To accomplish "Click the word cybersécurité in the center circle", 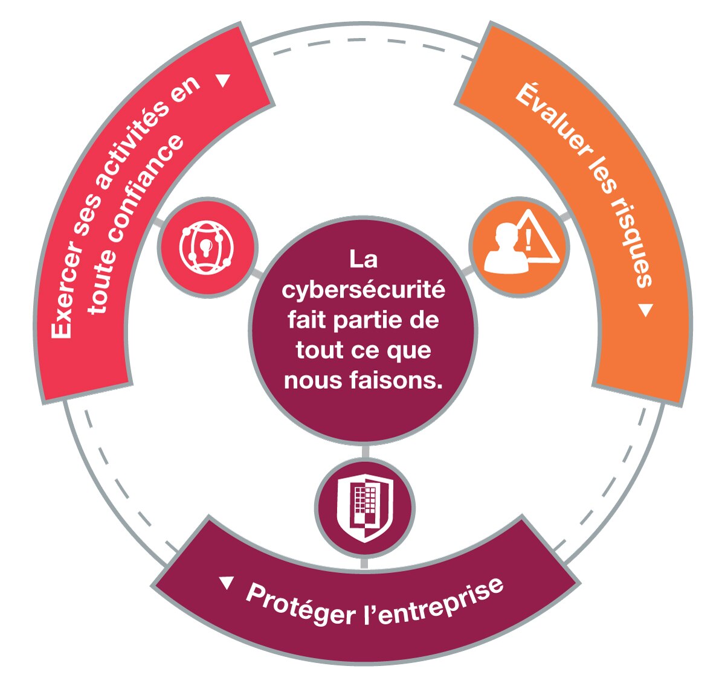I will [x=363, y=290].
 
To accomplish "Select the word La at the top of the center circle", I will [x=363, y=260].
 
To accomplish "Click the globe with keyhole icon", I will [x=207, y=248].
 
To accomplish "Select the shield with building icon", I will [x=364, y=508].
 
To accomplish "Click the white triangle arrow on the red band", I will [x=224, y=80].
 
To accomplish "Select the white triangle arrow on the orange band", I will [x=646, y=310].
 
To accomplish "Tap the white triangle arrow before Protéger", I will [x=227, y=583].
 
